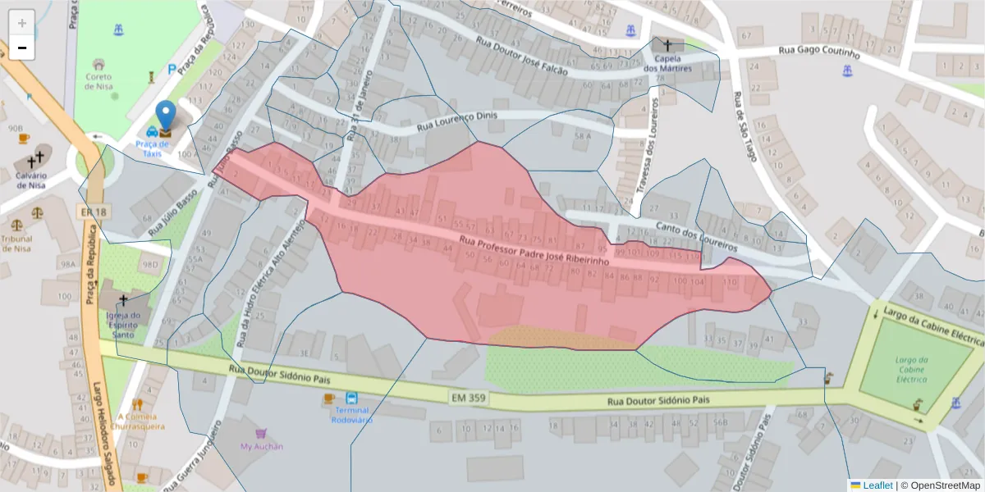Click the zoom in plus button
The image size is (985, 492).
click(x=22, y=23)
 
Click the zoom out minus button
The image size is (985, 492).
click(x=22, y=48)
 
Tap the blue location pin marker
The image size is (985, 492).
click(x=166, y=117)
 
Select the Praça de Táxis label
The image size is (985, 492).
click(x=153, y=148)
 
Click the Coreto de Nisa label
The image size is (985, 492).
click(x=99, y=81)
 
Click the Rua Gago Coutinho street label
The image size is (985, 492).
click(x=818, y=52)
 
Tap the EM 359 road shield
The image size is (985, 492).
click(x=466, y=398)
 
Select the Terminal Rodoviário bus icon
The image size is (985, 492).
click(x=351, y=397)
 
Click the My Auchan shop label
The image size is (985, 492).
click(x=261, y=446)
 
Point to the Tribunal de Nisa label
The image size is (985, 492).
click(x=16, y=244)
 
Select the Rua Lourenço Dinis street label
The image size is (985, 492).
click(x=457, y=121)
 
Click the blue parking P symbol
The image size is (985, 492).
click(x=172, y=70)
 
